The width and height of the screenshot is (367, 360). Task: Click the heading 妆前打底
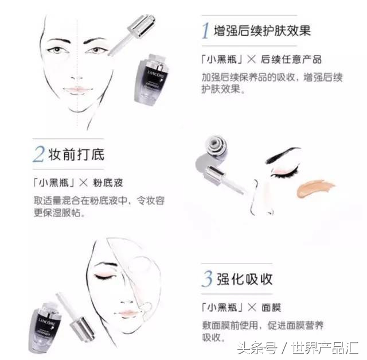77,155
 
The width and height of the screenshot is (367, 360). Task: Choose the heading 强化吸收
245,280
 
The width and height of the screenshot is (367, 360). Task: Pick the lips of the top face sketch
77,90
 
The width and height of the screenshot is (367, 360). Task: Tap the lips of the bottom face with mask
127,313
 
